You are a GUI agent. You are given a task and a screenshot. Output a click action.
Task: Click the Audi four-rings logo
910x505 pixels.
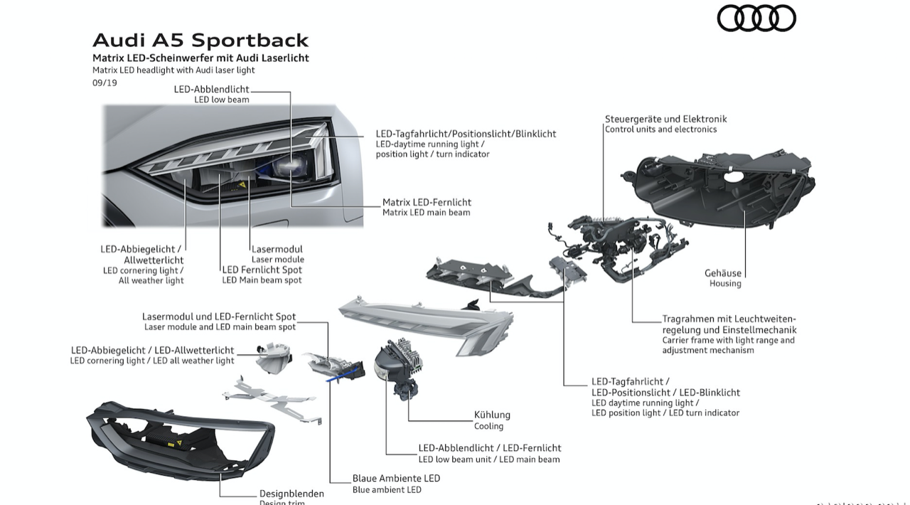[756, 18]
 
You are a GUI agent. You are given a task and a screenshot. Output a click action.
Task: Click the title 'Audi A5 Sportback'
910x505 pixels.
[200, 41]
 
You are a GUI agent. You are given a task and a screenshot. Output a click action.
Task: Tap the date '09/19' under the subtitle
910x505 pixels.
[105, 83]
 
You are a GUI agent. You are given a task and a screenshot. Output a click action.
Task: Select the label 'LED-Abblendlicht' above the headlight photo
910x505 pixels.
[211, 89]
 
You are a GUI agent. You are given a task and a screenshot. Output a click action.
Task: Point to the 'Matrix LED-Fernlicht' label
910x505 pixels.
[427, 202]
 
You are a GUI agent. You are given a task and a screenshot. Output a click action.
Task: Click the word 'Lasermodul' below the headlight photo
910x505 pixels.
[277, 249]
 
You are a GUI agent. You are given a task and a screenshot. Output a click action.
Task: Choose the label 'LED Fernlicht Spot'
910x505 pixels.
[262, 270]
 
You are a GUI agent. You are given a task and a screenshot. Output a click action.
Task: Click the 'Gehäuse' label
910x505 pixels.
[723, 273]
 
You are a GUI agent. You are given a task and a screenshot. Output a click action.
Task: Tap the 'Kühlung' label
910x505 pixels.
[492, 415]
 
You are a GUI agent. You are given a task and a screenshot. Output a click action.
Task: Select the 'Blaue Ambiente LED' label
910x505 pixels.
[396, 478]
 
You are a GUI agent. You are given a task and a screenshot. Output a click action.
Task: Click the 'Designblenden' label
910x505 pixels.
[291, 493]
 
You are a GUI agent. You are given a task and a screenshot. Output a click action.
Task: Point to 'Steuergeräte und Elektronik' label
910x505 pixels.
[665, 119]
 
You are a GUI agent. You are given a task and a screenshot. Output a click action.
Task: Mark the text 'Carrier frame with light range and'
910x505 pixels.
[729, 340]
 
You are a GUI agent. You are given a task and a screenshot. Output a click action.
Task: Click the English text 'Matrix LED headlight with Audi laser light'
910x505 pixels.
[173, 70]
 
